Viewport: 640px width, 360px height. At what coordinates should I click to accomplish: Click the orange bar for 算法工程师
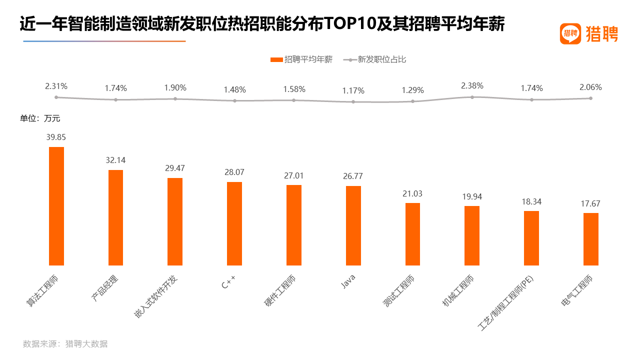point(56,206)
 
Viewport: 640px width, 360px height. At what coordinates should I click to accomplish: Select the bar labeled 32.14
point(115,217)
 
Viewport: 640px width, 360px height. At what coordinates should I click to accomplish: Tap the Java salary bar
point(353,225)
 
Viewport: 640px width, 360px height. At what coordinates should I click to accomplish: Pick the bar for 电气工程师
point(590,239)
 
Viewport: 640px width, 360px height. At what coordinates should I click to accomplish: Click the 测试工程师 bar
point(412,234)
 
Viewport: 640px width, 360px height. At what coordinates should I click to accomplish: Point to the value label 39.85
point(56,137)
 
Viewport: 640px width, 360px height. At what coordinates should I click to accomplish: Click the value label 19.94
point(472,196)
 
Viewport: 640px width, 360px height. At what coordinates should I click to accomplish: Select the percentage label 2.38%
point(472,85)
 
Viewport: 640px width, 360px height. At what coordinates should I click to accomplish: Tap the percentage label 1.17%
point(353,91)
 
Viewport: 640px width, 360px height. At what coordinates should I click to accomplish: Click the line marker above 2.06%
point(590,98)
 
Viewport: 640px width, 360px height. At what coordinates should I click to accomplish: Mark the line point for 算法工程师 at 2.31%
point(56,97)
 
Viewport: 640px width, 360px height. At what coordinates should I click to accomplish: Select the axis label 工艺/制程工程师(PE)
point(506,303)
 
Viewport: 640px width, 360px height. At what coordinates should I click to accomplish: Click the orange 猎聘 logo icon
point(570,34)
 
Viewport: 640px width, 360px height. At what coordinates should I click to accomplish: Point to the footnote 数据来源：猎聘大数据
point(65,343)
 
